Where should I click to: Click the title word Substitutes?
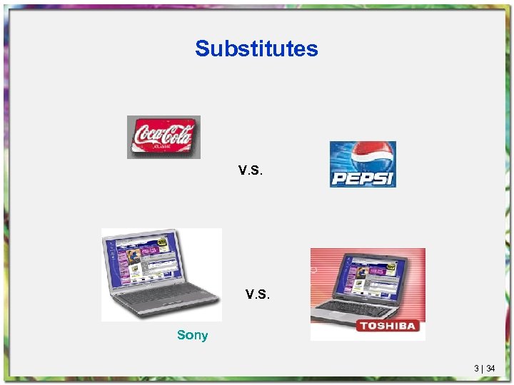tap(256, 49)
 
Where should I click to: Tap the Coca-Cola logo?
tap(163, 136)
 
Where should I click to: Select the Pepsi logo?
tap(363, 164)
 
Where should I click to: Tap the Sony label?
tap(192, 335)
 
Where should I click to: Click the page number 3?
tap(476, 369)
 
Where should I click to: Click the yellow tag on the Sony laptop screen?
tap(162, 243)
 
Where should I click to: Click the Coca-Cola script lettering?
tap(163, 133)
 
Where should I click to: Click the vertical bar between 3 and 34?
tap(483, 369)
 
